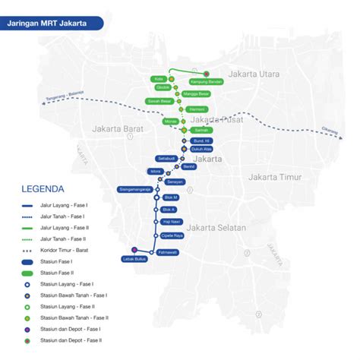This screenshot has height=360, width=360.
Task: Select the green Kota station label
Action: pos(159,78)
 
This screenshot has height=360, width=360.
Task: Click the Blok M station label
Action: pos(170,197)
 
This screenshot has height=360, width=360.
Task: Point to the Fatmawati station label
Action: pos(167,251)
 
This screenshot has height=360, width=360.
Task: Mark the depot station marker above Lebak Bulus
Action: pos(134,249)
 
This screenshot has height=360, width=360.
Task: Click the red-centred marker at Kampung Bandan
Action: pos(206,73)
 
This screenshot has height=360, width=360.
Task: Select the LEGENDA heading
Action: pos(43,188)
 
